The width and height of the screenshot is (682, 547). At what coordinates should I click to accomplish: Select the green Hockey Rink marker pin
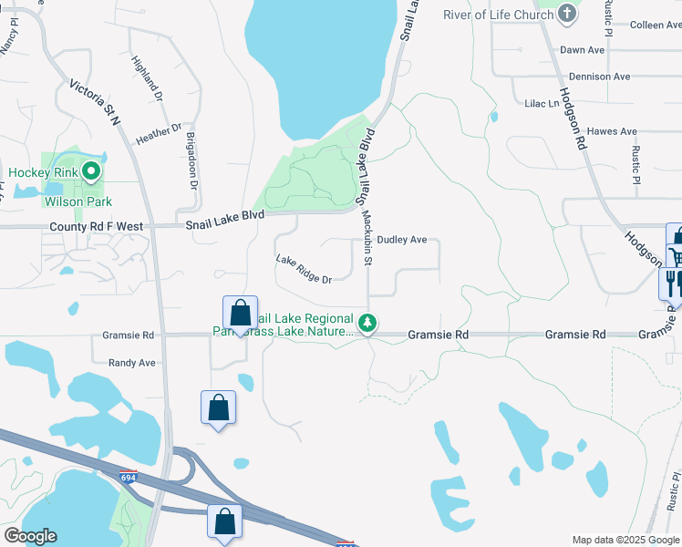coord(90,170)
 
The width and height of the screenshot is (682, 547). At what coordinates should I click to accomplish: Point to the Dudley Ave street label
coord(402,240)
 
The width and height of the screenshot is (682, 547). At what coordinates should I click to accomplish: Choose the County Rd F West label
coord(97,225)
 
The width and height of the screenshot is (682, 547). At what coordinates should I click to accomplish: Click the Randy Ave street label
coord(132,363)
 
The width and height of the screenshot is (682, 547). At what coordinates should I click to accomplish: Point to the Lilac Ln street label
coord(542,104)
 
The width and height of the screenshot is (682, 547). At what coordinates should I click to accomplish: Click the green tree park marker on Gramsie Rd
coord(367,323)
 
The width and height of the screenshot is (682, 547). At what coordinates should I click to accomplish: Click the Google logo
coord(31,536)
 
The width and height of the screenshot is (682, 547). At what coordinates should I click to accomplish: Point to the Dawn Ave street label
coord(584,50)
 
